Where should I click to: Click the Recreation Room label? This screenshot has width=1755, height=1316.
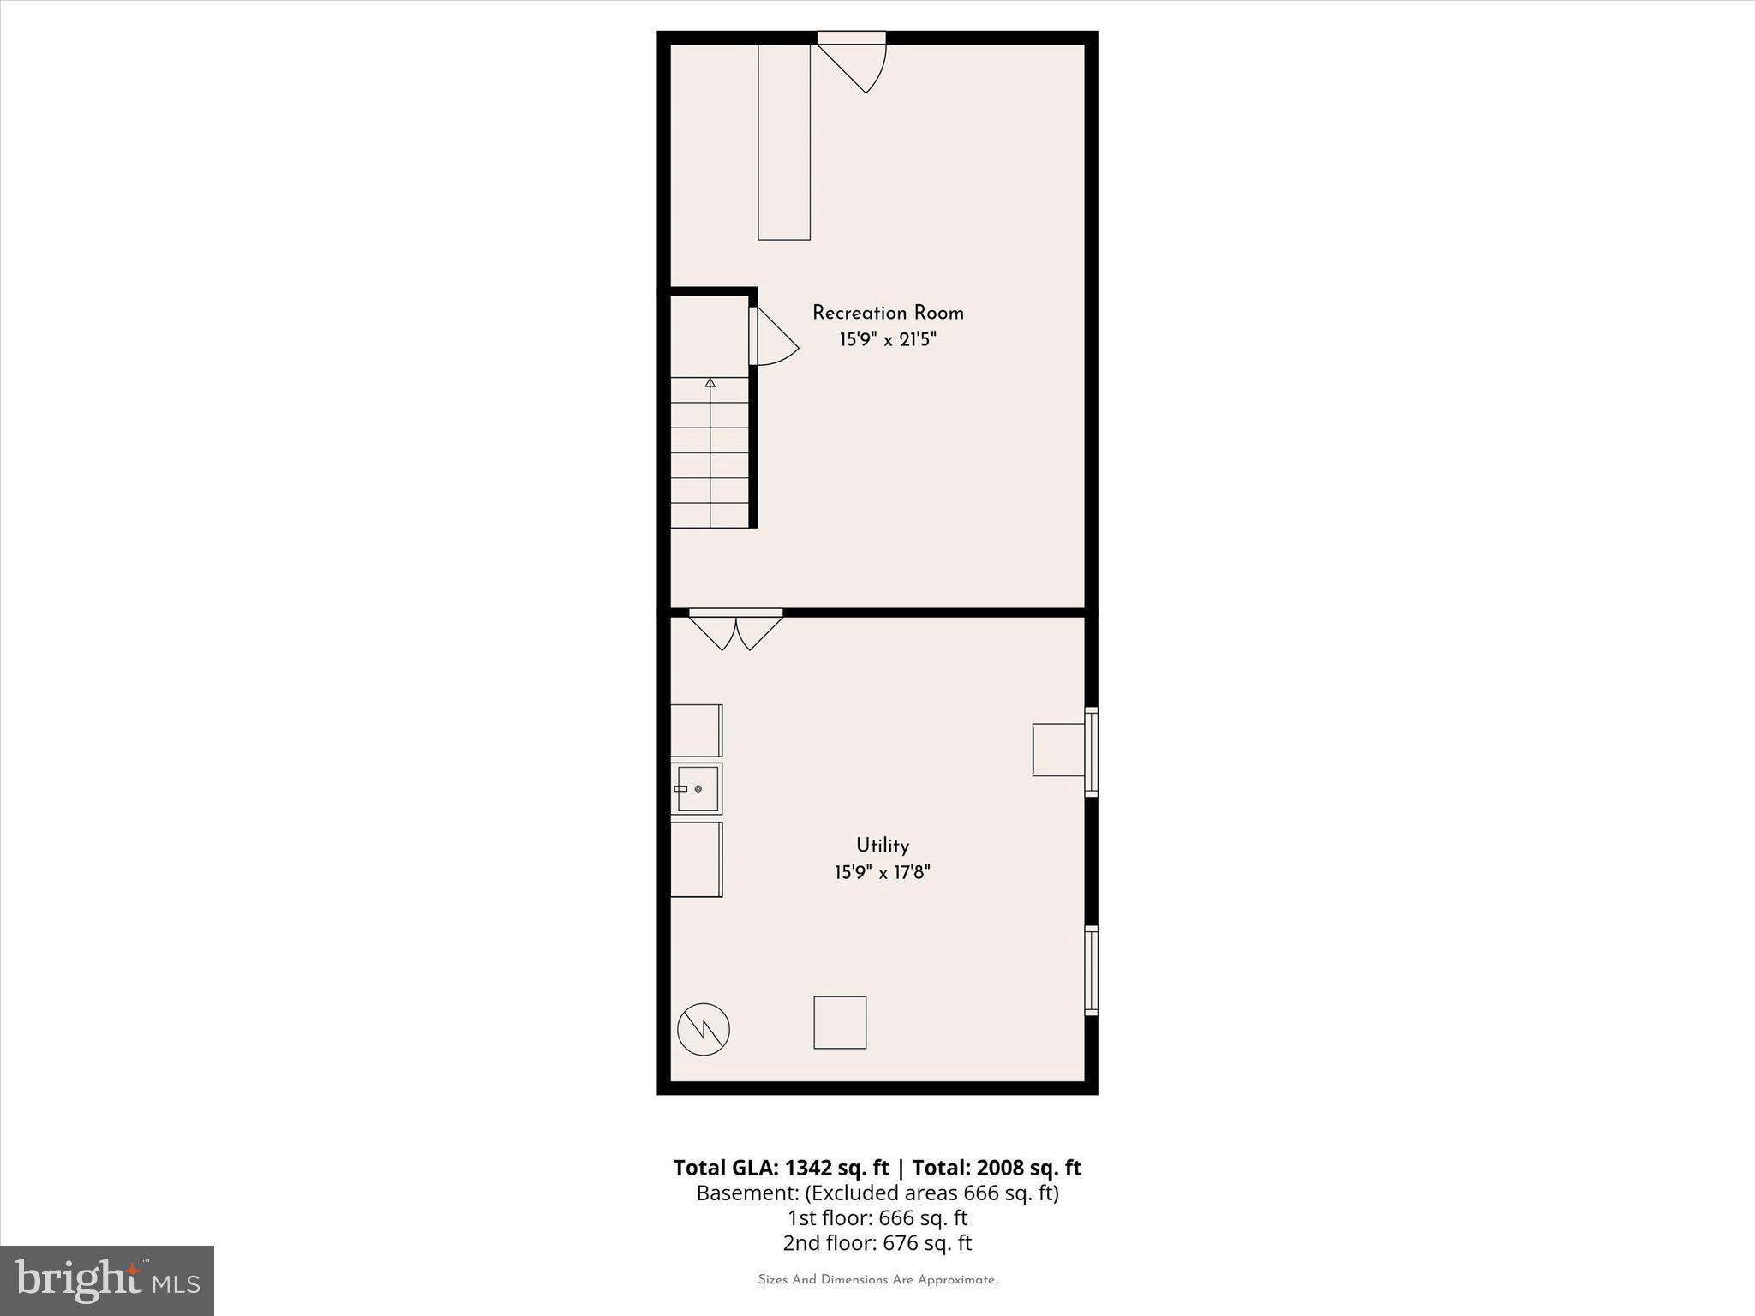888,314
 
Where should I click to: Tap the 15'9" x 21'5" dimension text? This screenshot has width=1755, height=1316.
888,340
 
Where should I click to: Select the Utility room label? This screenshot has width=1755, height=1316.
882,846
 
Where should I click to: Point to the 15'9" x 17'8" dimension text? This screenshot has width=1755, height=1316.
882,873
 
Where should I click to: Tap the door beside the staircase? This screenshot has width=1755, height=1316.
772,338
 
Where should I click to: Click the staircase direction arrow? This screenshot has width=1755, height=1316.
710,383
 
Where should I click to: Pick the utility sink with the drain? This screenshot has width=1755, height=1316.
696,788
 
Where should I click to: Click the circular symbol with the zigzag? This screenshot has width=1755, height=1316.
703,1029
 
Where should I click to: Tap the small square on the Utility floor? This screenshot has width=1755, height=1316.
840,1022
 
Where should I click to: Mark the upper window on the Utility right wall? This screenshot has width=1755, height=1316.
1091,751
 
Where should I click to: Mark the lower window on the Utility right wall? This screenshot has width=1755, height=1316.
1091,971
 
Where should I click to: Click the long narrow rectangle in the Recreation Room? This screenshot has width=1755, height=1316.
784,141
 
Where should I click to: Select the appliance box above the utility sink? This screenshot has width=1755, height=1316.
696,730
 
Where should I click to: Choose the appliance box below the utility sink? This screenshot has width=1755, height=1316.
696,859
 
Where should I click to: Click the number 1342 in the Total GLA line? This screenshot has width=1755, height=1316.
806,1168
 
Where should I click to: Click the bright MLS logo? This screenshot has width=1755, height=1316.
107,1280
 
